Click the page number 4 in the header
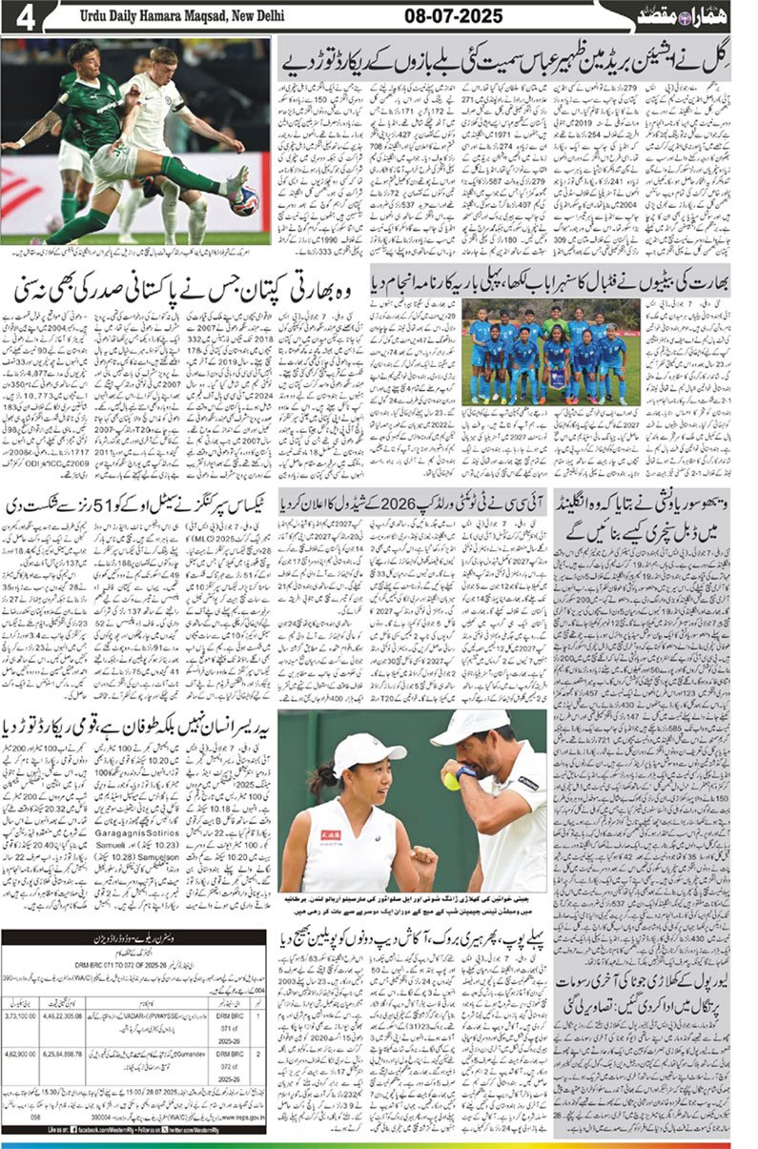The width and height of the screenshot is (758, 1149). [x=21, y=18]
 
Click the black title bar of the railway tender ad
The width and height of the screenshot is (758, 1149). [x=133, y=938]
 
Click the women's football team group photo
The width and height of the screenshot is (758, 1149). [x=546, y=352]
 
